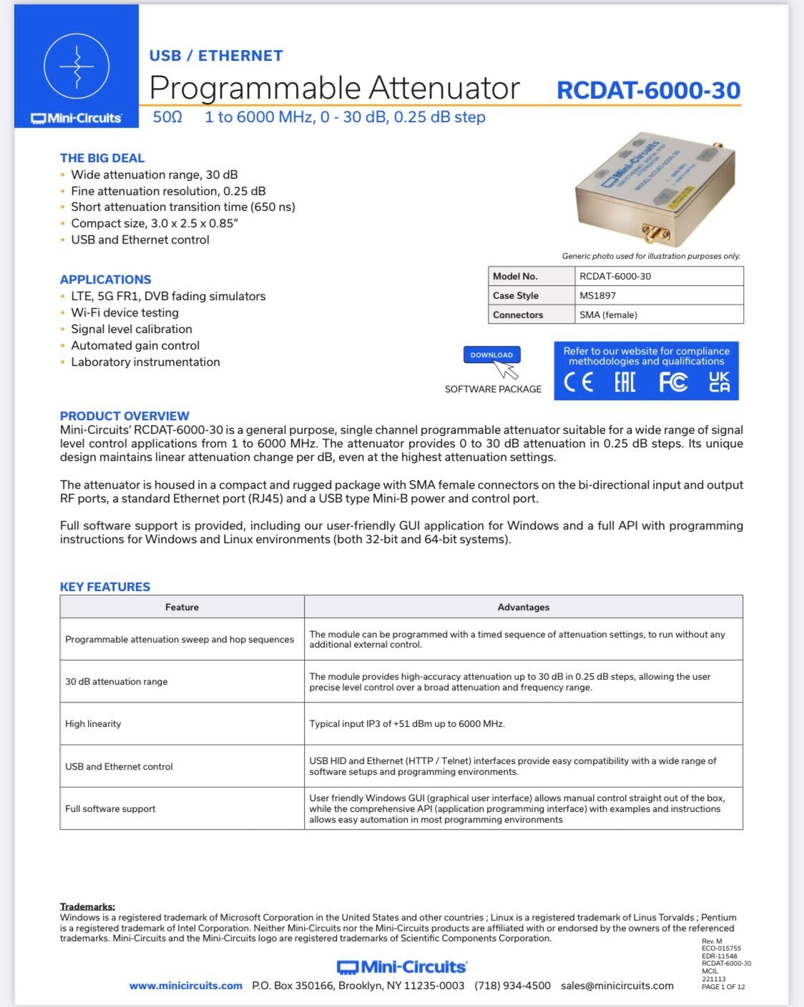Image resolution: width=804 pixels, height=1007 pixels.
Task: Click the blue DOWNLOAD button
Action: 491,354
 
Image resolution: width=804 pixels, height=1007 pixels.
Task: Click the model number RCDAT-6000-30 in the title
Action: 648,90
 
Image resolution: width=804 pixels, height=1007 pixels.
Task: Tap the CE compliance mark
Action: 578,382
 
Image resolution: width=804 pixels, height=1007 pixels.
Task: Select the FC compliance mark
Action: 672,382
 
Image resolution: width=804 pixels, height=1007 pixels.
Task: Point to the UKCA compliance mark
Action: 719,382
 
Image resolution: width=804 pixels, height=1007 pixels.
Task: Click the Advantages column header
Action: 523,607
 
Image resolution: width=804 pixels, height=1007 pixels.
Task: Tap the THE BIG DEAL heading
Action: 102,158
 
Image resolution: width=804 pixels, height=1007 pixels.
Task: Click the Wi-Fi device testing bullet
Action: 124,312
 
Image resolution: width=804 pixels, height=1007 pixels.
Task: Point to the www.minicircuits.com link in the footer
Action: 186,986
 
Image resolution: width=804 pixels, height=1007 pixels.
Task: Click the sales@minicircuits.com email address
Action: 617,986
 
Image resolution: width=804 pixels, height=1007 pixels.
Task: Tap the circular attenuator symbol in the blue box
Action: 77,66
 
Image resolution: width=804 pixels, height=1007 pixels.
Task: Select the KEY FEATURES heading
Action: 105,587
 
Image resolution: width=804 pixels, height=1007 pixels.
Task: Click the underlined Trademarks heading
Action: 87,906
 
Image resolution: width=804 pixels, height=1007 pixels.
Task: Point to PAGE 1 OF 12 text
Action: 723,987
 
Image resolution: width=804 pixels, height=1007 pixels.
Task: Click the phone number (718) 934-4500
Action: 512,986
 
